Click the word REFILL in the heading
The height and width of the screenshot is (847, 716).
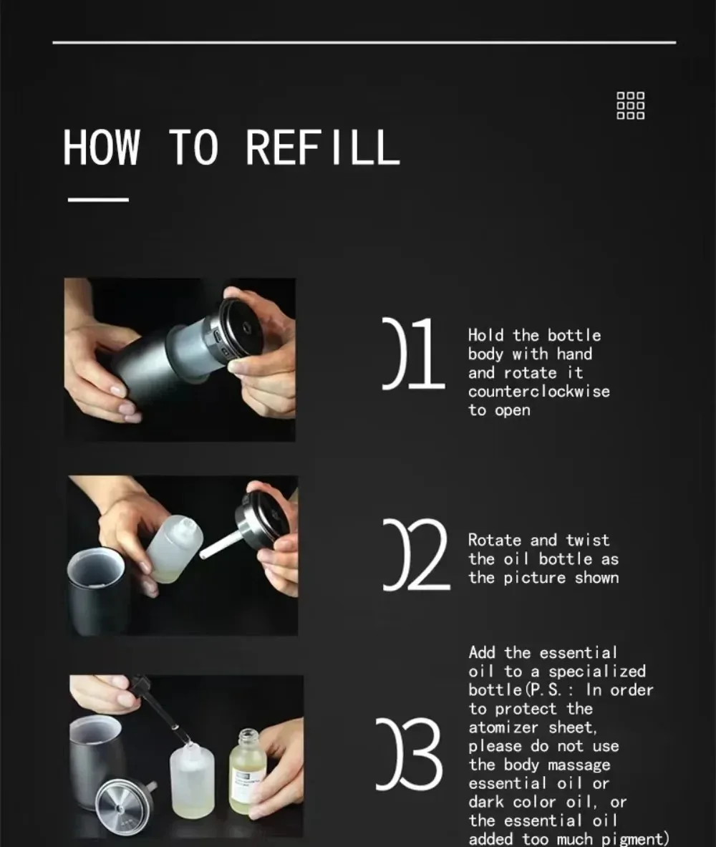pos(323,147)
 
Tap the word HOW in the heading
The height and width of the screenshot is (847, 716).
pos(101,147)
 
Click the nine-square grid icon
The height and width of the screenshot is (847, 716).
pos(631,105)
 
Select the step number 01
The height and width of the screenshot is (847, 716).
pos(413,353)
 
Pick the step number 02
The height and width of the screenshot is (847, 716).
pos(416,554)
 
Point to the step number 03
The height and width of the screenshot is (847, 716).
pos(409,754)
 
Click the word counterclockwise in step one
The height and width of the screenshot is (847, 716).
pos(538,391)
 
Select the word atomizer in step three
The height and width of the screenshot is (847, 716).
pos(503,727)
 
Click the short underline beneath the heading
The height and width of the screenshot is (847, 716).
pos(98,199)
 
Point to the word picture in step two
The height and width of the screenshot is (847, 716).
pos(534,578)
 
